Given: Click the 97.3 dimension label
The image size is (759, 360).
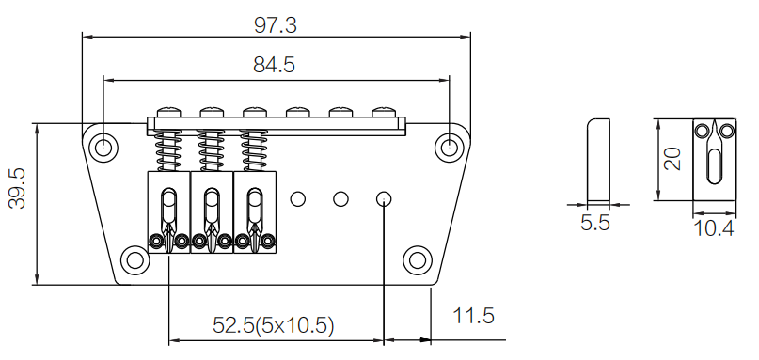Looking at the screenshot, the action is click(275, 25).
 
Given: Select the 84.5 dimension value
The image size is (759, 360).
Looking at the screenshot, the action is click(274, 65).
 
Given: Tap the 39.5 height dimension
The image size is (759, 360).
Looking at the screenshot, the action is click(18, 189).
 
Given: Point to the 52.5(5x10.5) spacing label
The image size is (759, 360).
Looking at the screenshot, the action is click(274, 325).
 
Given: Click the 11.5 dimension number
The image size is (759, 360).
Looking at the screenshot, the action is click(473, 316).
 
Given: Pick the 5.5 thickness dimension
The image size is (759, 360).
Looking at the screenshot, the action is click(595, 223).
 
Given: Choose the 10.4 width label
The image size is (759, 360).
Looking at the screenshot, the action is click(714, 227).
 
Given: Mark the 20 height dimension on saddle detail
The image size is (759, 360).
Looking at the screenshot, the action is click(672, 159).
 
